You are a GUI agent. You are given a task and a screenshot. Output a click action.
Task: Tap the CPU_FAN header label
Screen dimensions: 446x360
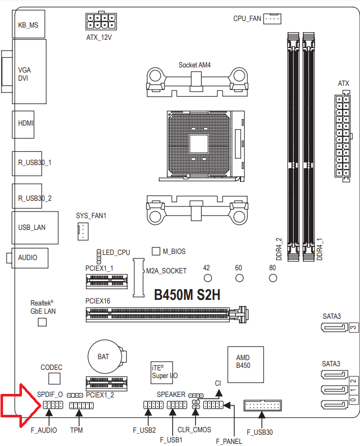(x=247, y=18)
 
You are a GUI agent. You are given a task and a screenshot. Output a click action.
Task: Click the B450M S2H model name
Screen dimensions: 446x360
(x=187, y=295)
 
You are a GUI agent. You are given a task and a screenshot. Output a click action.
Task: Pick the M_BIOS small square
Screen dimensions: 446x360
(x=157, y=251)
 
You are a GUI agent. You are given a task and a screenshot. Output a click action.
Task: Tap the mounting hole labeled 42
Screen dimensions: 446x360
(x=207, y=278)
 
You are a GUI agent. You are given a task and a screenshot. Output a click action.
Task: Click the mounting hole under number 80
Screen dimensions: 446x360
(x=272, y=278)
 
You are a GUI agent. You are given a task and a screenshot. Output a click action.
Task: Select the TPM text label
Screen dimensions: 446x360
(x=77, y=430)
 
